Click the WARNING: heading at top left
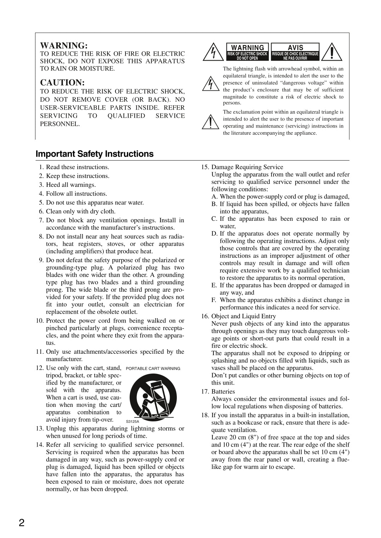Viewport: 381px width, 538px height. tap(64, 46)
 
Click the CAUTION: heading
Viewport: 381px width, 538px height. tap(62, 83)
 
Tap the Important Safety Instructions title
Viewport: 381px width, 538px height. tap(95, 154)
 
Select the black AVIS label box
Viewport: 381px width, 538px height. tap(295, 52)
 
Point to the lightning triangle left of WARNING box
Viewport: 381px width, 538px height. tap(213, 52)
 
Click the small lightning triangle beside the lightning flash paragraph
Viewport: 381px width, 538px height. tap(211, 84)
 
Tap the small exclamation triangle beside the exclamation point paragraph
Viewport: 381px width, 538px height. tap(211, 122)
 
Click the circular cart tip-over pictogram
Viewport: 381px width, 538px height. tap(153, 397)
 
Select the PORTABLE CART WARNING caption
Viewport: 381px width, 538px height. tap(153, 369)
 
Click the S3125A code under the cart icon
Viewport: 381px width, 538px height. tap(133, 421)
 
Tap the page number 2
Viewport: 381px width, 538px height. tap(22, 523)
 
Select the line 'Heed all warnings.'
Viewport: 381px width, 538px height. tap(71, 185)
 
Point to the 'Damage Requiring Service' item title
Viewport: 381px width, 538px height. tap(247, 167)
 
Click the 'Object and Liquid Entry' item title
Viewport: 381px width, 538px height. tap(243, 316)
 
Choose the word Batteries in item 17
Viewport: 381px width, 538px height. tap(223, 392)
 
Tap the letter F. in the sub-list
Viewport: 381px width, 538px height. tap(214, 300)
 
